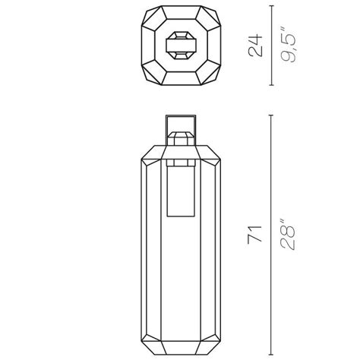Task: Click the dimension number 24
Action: click(255, 46)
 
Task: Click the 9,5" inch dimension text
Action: click(288, 47)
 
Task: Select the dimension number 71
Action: click(254, 235)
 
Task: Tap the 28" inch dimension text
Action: click(288, 235)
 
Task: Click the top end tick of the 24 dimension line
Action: click(272, 6)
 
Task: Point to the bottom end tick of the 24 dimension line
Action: click(272, 85)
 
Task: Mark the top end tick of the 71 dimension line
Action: click(272, 115)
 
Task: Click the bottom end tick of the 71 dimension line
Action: click(272, 355)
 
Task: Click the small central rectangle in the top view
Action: click(181, 46)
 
